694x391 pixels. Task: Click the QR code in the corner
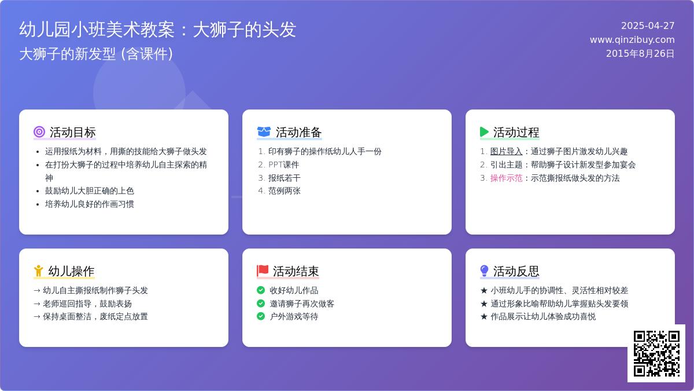pyautogui.click(x=656, y=353)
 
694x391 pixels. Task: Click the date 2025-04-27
pyautogui.click(x=648, y=25)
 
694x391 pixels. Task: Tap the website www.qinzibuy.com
pyautogui.click(x=632, y=40)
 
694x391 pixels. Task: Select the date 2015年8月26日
pyautogui.click(x=640, y=54)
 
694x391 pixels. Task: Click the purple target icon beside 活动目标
pyautogui.click(x=39, y=132)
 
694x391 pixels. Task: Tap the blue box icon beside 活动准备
pyautogui.click(x=264, y=132)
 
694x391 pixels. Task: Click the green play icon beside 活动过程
pyautogui.click(x=484, y=132)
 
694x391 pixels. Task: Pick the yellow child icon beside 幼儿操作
pyautogui.click(x=38, y=271)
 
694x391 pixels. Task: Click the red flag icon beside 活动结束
pyautogui.click(x=263, y=271)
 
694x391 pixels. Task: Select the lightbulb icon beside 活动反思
pyautogui.click(x=484, y=271)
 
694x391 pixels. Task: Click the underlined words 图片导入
pyautogui.click(x=506, y=151)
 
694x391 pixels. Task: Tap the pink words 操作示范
pyautogui.click(x=506, y=178)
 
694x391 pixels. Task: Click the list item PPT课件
pyautogui.click(x=283, y=165)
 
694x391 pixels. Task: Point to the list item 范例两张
pyautogui.click(x=284, y=191)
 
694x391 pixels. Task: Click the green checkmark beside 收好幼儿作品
pyautogui.click(x=261, y=290)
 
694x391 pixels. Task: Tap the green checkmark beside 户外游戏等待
pyautogui.click(x=261, y=316)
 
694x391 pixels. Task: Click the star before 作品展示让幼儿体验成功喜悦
pyautogui.click(x=484, y=316)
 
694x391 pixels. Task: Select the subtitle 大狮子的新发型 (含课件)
pyautogui.click(x=96, y=54)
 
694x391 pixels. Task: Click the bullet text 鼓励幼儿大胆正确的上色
pyautogui.click(x=89, y=191)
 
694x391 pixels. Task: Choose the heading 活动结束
pyautogui.click(x=296, y=271)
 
